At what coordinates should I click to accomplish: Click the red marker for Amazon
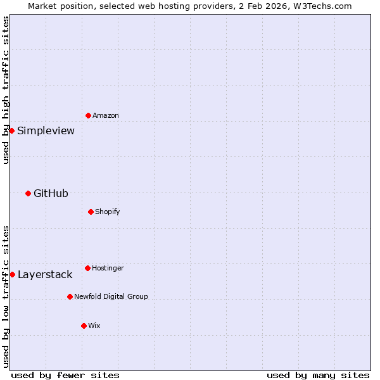[x=88, y=115]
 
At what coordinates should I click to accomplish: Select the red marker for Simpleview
[x=11, y=130]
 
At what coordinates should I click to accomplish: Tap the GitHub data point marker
[x=28, y=193]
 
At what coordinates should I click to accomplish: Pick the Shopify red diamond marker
[x=91, y=212]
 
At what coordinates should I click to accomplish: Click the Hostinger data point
[x=87, y=268]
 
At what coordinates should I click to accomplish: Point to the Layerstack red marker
[x=12, y=274]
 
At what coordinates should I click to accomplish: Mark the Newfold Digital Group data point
[x=70, y=296]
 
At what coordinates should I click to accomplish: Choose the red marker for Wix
[x=84, y=326]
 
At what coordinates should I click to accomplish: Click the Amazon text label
[x=106, y=116]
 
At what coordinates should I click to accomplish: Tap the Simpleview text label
[x=46, y=131]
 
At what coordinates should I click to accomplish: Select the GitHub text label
[x=51, y=194]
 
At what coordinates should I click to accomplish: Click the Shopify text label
[x=108, y=212]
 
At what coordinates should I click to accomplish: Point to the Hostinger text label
[x=108, y=269]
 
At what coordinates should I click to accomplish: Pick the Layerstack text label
[x=45, y=275]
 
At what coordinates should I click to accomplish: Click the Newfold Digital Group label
[x=111, y=296]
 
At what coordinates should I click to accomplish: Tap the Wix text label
[x=94, y=326]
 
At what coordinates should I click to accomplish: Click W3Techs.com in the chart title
[x=322, y=6]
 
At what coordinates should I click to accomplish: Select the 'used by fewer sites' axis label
[x=65, y=375]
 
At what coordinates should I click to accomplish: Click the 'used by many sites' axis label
[x=318, y=375]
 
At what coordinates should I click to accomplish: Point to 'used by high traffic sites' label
[x=6, y=90]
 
